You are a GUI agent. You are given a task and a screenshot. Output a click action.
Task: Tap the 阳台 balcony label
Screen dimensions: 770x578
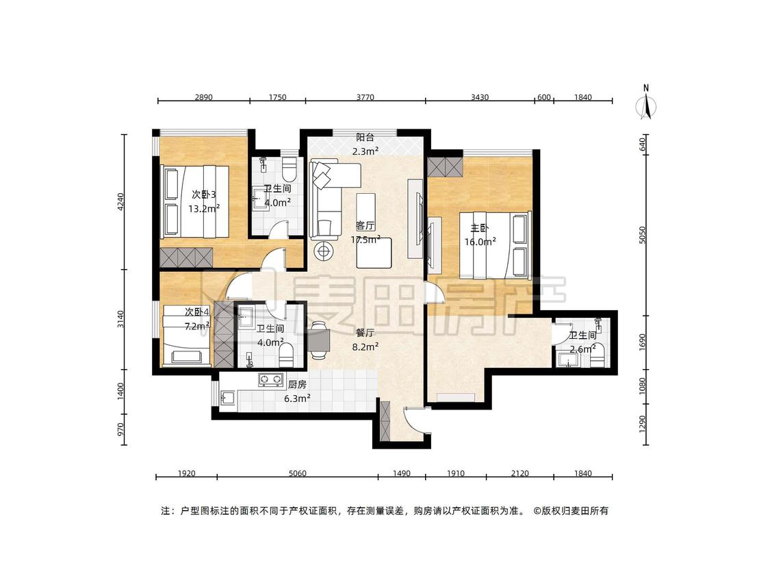365,138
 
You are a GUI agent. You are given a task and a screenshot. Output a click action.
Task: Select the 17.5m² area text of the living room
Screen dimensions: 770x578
365,240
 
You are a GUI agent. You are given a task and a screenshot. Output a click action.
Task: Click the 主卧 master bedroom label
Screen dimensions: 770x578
480,229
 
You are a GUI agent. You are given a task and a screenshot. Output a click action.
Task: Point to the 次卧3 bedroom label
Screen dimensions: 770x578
204,195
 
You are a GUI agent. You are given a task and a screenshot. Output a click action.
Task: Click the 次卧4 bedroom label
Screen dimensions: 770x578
197,312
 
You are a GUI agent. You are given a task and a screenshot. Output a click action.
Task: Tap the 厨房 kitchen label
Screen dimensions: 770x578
297,386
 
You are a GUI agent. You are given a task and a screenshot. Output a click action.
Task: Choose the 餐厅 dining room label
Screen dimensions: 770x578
365,333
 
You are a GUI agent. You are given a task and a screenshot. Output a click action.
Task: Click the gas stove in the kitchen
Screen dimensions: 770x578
271,379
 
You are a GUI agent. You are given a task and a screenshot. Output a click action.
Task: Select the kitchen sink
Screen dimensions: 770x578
229,397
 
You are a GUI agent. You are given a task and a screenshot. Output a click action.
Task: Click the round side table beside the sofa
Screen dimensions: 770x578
324,251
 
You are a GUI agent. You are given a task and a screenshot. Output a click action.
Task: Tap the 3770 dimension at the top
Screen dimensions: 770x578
365,97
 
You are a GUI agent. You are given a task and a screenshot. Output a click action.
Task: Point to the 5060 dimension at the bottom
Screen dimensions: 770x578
297,473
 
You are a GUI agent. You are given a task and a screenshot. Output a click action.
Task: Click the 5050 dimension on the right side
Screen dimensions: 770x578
643,235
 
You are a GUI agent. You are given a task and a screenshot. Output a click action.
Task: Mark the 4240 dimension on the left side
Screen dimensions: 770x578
120,202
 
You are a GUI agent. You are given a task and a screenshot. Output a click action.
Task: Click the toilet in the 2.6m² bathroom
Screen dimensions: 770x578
597,359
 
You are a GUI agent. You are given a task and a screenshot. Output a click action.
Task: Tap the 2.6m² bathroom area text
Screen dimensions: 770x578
583,349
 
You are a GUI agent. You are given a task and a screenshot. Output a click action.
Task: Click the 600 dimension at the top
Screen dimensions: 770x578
543,97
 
